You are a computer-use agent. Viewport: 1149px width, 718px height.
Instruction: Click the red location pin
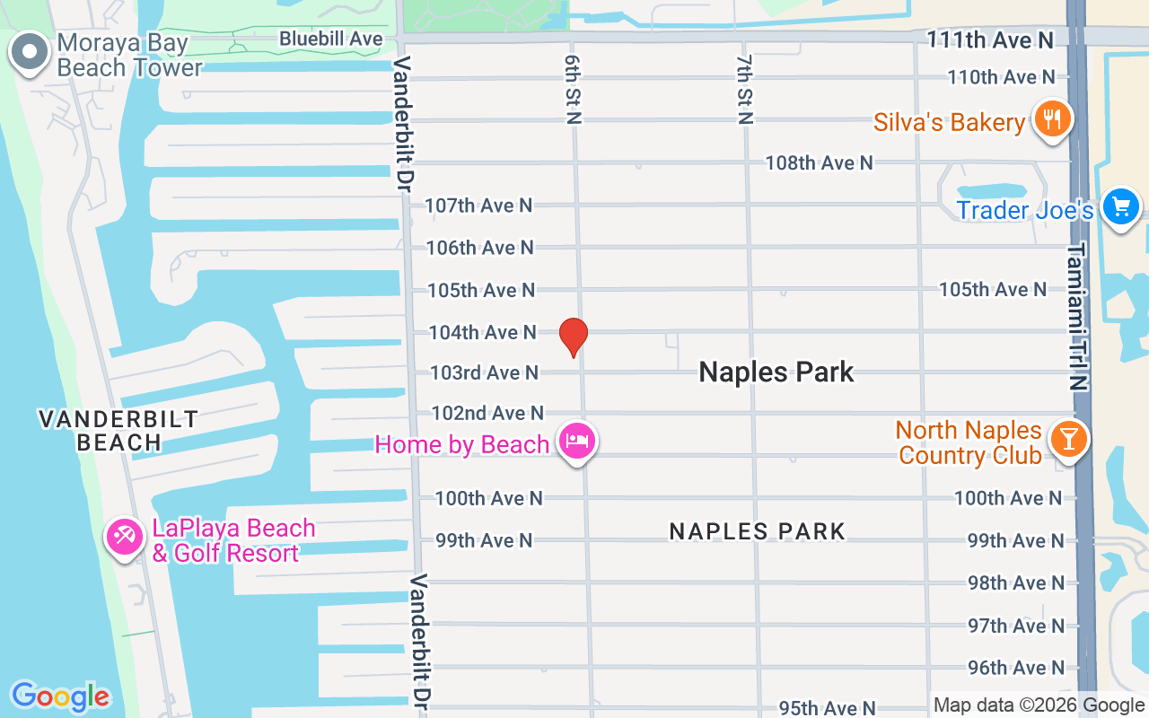coord(574,337)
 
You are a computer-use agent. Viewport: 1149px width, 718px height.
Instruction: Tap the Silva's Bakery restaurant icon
coord(1051,118)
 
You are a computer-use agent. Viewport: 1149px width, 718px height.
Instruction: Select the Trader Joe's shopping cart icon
coord(1120,206)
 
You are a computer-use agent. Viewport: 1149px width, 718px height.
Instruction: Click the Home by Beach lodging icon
coord(576,441)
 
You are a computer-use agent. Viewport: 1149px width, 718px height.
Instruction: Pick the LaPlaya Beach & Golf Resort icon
coord(123,537)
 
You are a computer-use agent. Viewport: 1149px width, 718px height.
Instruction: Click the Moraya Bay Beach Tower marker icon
coord(30,52)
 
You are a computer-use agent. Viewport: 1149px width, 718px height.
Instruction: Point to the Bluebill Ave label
coord(331,39)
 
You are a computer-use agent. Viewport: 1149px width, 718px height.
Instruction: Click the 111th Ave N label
coord(989,39)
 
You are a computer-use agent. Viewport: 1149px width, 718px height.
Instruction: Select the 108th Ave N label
coord(819,162)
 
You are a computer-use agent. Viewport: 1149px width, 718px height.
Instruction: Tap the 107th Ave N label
coord(478,206)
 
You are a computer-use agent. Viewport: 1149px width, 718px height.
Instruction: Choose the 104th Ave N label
coord(482,332)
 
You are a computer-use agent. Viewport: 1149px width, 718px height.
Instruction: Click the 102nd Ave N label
coord(487,413)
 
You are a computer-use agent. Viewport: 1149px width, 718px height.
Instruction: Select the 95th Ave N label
coord(827,708)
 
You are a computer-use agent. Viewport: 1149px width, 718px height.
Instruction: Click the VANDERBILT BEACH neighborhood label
coord(118,430)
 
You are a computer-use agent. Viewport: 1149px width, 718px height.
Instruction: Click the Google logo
coord(60,696)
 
